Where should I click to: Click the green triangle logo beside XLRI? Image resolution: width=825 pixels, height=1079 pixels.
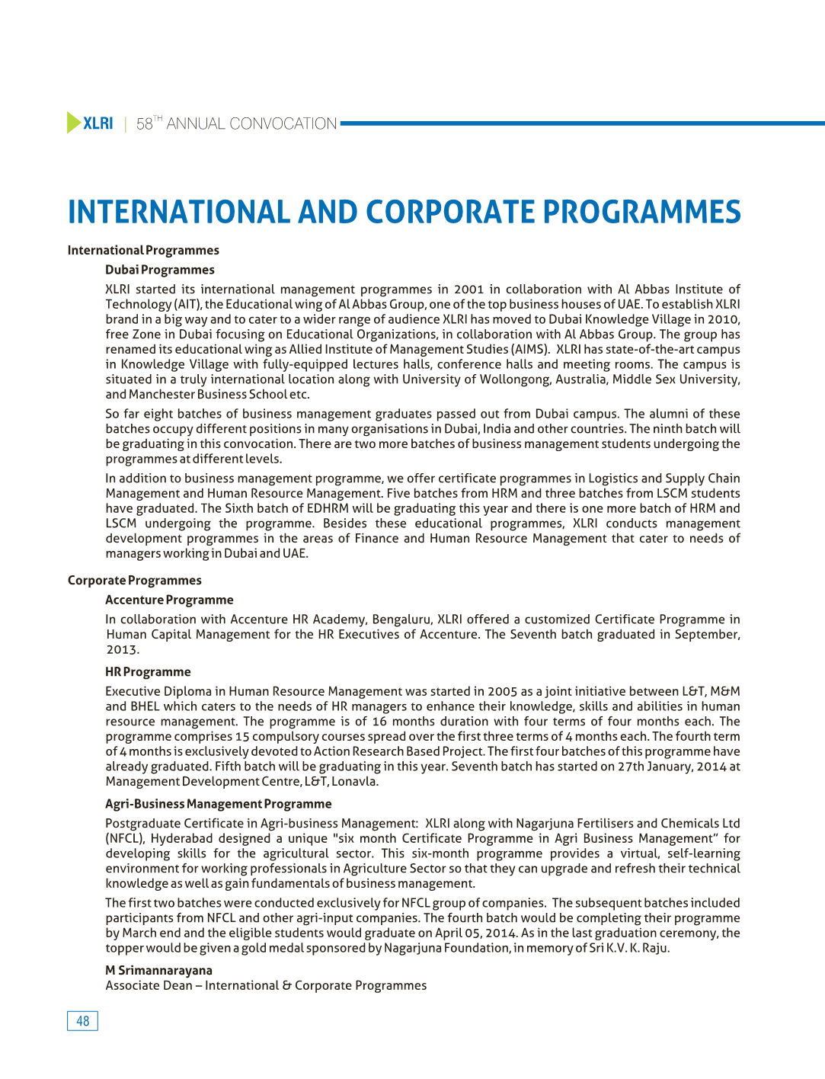74,123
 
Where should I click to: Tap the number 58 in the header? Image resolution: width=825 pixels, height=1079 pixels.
144,124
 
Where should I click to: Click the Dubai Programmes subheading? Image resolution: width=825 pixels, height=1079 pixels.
160,270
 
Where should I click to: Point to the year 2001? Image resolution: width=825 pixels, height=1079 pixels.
468,290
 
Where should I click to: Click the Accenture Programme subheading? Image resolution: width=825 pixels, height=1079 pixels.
169,600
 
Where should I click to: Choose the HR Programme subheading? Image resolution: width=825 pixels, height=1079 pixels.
148,672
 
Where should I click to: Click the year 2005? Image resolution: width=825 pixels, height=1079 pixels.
502,692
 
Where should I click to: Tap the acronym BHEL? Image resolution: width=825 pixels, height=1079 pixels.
145,706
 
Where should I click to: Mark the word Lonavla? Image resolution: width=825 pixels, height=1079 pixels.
353,782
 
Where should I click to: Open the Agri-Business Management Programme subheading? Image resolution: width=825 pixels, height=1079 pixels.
218,804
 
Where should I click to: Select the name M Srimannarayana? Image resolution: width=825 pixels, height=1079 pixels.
158,971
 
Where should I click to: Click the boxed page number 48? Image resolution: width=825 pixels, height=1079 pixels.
82,1021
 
